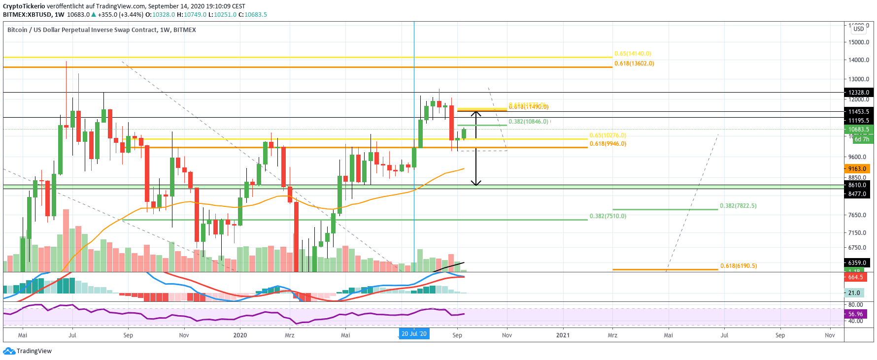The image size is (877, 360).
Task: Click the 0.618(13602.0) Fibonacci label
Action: [x=634, y=64]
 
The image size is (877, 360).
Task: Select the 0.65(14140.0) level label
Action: [x=633, y=54]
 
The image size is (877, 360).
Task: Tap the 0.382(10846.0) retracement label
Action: [x=528, y=122]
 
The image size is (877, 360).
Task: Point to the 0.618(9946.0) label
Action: [x=608, y=144]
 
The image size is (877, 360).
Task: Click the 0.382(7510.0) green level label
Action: [x=608, y=216]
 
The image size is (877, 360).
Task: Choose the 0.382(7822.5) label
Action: [x=738, y=206]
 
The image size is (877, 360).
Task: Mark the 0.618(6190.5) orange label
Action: [x=739, y=266]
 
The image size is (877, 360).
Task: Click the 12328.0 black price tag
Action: [x=858, y=93]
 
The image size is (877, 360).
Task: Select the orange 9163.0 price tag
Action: [x=857, y=169]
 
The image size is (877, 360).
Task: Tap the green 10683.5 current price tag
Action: [x=858, y=130]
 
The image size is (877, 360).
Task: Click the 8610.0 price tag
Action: [x=857, y=186]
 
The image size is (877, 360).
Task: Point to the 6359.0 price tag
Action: [x=857, y=263]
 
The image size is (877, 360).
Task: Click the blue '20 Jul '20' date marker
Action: [x=414, y=334]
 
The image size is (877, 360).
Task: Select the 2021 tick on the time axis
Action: [x=563, y=335]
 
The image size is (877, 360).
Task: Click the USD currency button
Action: [x=859, y=29]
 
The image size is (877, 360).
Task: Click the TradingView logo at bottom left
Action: [x=28, y=351]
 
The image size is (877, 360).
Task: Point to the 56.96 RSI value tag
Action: [x=856, y=314]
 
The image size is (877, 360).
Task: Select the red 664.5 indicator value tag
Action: [x=856, y=277]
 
